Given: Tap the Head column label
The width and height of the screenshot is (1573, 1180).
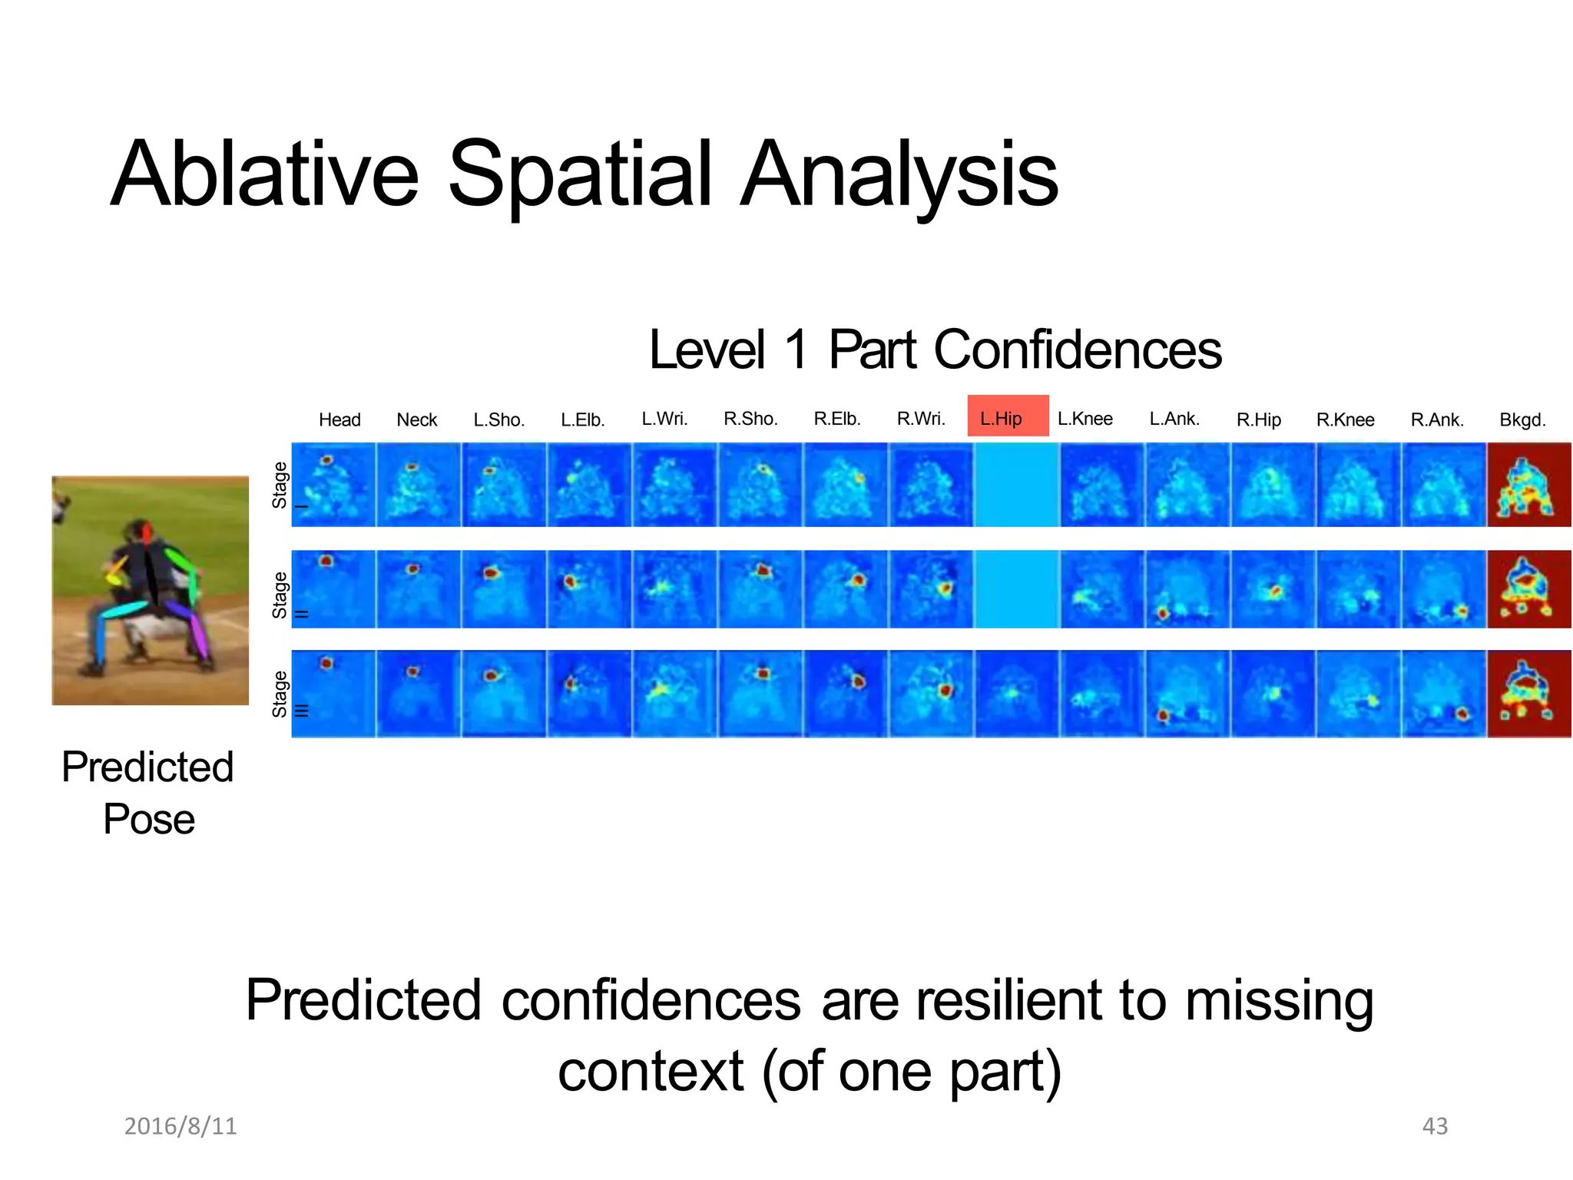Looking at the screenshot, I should pos(339,419).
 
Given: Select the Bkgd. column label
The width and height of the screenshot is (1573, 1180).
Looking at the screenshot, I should pos(1522,419).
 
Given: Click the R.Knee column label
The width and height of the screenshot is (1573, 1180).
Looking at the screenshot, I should pos(1345,419).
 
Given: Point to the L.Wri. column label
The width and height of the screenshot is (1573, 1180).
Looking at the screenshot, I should pos(664,419).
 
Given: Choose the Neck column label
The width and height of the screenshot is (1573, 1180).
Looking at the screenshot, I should pos(416,419).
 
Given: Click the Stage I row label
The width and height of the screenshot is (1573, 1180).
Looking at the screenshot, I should pos(281,486).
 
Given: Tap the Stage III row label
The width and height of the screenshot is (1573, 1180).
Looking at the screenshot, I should pos(281,694).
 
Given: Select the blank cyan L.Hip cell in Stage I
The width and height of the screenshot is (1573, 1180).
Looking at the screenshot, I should pos(1016,485).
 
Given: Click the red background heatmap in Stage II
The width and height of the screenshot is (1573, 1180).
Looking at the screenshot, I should pos(1528,589).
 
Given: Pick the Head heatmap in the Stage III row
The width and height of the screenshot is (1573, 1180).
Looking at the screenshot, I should pos(333,694).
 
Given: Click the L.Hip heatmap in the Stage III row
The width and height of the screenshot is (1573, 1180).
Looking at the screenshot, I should pos(1016,694).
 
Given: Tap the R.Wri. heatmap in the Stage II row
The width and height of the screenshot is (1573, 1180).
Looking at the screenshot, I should pos(930,589).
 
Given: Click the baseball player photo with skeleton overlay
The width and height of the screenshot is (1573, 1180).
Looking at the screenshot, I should pos(151,590).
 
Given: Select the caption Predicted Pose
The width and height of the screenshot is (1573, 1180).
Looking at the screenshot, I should pos(148,793).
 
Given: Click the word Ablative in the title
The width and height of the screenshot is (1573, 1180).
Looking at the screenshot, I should pos(264,174).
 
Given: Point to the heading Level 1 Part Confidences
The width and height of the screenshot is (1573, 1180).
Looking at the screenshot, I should pos(935,350).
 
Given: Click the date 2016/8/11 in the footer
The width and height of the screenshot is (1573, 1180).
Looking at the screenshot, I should pos(180,1125).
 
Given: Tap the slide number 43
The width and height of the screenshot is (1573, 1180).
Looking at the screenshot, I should pos(1435,1125).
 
